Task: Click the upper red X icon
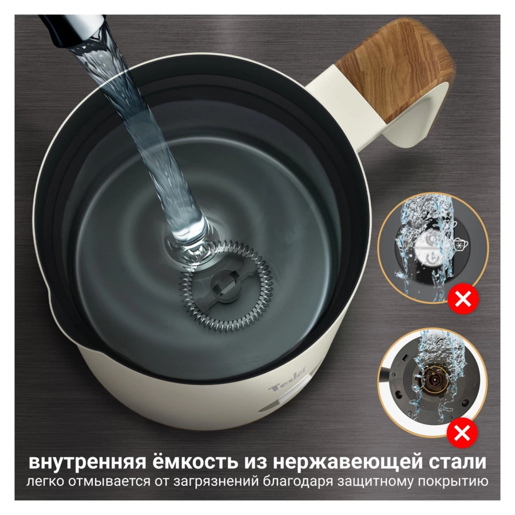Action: (463, 299)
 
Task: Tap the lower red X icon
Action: (463, 434)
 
